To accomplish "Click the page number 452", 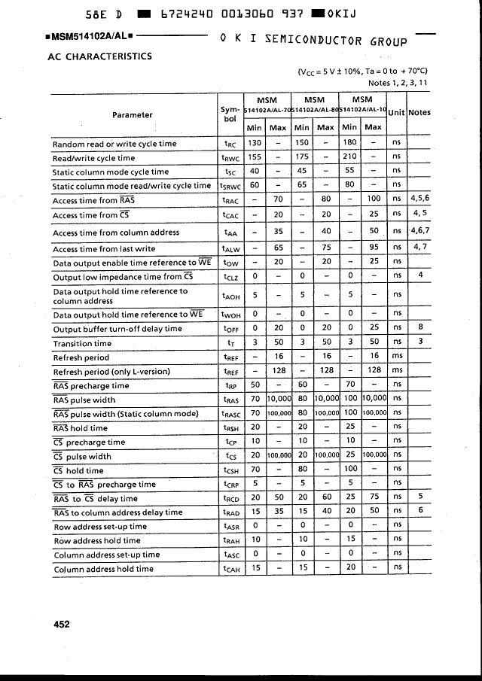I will tap(62, 624).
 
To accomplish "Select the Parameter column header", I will tap(133, 115).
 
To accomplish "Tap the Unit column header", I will tap(396, 112).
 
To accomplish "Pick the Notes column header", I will tap(419, 112).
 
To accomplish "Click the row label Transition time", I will tap(82, 344).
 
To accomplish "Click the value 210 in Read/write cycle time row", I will tap(349, 157).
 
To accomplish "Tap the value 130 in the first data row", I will tap(255, 144).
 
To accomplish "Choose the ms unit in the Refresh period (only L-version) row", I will tap(397, 371).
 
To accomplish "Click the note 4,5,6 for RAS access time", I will tap(419, 200).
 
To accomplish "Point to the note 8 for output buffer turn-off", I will tap(419, 329).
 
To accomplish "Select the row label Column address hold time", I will tap(103, 570).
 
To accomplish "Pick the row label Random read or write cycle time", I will tap(114, 144).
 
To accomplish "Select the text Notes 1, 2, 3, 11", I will tap(398, 83).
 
